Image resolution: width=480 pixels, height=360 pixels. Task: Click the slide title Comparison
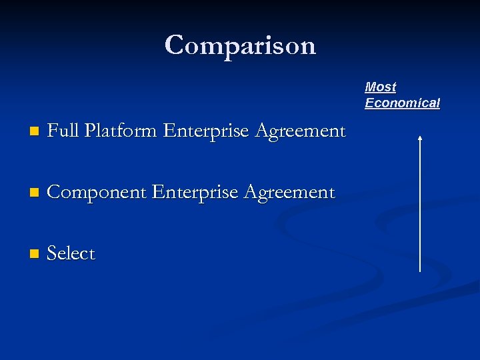pos(240,45)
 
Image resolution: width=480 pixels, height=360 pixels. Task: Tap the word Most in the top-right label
pos(381,87)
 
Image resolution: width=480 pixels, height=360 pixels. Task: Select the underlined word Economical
pos(402,103)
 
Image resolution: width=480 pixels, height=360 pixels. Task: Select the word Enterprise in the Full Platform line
pos(205,132)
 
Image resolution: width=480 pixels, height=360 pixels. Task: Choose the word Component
pos(97,193)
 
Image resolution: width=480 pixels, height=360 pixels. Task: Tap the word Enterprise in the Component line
pos(194,193)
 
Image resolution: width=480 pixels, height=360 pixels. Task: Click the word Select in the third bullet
pos(71,254)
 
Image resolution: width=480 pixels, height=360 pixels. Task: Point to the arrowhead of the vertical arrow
pos(420,138)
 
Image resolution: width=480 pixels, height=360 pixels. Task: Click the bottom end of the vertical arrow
pos(420,271)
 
